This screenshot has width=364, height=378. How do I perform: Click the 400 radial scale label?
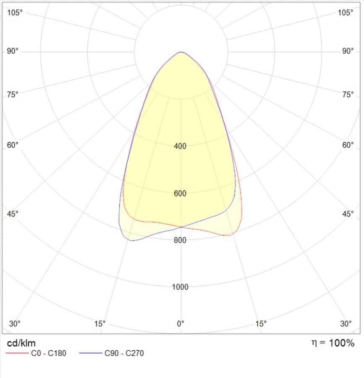pyautogui.click(x=180, y=146)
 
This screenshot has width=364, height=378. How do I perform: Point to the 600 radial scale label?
pyautogui.click(x=180, y=193)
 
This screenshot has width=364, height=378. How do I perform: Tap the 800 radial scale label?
pyautogui.click(x=180, y=240)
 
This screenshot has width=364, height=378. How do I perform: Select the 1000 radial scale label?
pyautogui.click(x=180, y=287)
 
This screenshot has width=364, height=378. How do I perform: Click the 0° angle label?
pyautogui.click(x=181, y=323)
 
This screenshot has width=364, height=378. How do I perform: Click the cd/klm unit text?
pyautogui.click(x=21, y=343)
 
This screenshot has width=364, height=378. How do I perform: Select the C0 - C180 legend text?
pyautogui.click(x=49, y=353)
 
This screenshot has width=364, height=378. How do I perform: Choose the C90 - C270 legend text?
pyautogui.click(x=124, y=353)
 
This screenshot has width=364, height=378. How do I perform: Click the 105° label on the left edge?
pyautogui.click(x=15, y=13)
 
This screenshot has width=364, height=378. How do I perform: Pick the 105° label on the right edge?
pyautogui.click(x=346, y=13)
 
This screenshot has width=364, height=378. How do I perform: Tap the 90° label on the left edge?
pyautogui.click(x=13, y=51)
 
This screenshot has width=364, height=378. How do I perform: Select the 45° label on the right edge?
pyautogui.click(x=348, y=214)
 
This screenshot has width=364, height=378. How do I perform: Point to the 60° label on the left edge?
pyautogui.click(x=13, y=145)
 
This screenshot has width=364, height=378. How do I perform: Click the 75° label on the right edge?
pyautogui.click(x=348, y=95)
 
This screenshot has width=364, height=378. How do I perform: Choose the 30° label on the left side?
pyautogui.click(x=15, y=323)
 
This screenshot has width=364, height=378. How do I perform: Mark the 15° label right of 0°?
pyautogui.click(x=261, y=323)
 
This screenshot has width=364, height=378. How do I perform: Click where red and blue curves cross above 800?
pyautogui.click(x=181, y=227)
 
